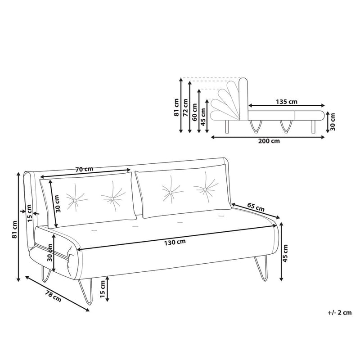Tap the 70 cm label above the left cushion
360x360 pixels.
pyautogui.click(x=84, y=170)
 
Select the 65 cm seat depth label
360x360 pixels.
pyautogui.click(x=256, y=208)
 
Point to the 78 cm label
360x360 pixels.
pyautogui.click(x=54, y=296)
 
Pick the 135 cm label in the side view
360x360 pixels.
pyautogui.click(x=287, y=101)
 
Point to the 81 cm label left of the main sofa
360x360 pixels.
pyautogui.click(x=15, y=229)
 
